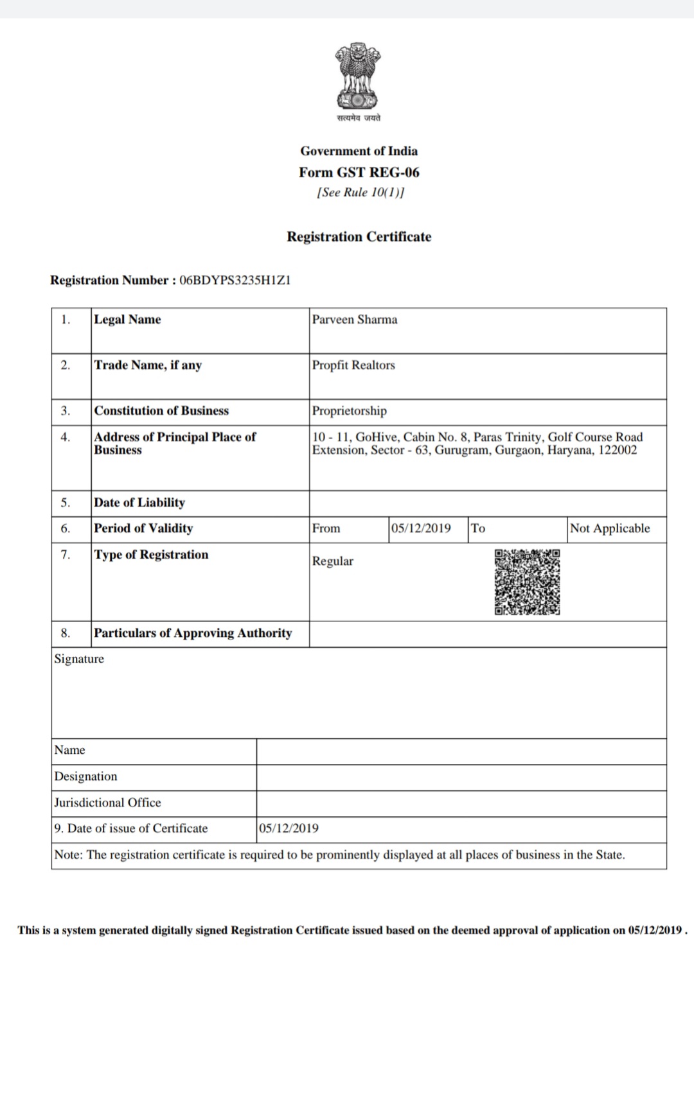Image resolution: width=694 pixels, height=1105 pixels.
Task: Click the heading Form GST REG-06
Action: tap(359, 172)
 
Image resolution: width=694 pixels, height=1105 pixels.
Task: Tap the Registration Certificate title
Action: tap(359, 237)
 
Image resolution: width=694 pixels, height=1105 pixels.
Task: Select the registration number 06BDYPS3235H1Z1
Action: tap(235, 281)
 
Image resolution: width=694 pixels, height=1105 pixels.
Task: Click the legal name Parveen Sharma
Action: tap(355, 320)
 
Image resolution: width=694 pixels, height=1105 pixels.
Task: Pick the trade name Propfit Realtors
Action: tap(353, 365)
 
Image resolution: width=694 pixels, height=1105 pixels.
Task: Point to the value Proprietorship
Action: tap(350, 411)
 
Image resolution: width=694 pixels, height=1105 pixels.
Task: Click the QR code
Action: tap(527, 582)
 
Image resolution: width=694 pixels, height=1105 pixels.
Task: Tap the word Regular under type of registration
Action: tap(333, 561)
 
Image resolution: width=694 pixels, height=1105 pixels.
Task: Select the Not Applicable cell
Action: tap(610, 528)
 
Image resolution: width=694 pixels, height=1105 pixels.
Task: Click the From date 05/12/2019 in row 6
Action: tap(421, 528)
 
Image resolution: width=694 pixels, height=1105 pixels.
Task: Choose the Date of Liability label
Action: tap(139, 503)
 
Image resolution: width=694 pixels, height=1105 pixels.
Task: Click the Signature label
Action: tap(79, 659)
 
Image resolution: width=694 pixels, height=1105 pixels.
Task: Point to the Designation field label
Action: tap(86, 776)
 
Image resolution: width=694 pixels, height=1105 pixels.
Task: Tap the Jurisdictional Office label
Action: tap(108, 803)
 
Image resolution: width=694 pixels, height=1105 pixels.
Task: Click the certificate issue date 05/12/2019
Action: tap(289, 828)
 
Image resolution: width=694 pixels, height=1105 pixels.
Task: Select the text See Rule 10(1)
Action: tap(360, 193)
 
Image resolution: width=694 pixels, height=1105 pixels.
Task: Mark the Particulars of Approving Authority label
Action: tap(193, 633)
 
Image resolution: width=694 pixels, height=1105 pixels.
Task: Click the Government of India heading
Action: tap(359, 151)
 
